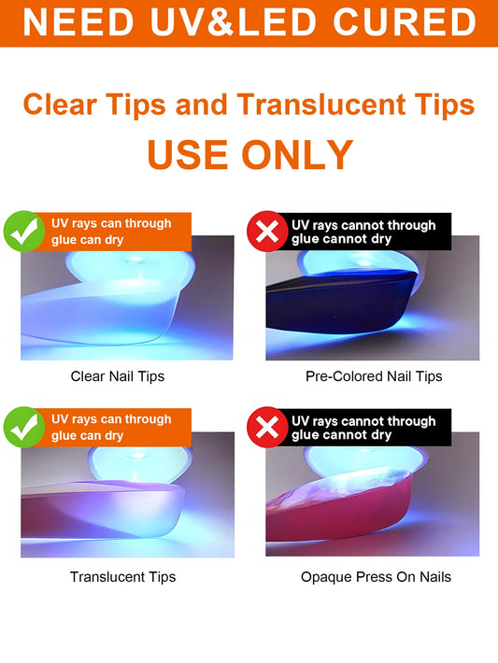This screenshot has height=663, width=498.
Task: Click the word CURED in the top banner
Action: (405, 22)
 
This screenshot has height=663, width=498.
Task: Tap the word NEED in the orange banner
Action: (78, 22)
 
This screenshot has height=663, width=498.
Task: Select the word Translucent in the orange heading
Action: (321, 105)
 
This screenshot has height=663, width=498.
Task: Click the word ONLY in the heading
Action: (297, 155)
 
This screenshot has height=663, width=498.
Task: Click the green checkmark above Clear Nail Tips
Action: (24, 232)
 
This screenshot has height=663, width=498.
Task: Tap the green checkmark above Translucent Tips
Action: (24, 427)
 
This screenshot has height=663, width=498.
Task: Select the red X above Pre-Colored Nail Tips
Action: (267, 232)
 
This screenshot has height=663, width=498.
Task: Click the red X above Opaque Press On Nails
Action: (267, 427)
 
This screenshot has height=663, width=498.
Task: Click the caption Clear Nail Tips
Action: (118, 376)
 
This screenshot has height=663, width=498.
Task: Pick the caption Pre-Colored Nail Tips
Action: (374, 376)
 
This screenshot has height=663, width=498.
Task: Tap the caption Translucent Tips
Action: (122, 577)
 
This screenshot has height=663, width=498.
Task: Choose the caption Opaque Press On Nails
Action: (376, 577)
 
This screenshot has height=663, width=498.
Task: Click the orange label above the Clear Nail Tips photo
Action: (112, 232)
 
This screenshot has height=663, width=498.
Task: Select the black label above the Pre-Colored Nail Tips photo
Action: (363, 232)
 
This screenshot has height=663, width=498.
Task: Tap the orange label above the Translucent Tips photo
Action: (112, 427)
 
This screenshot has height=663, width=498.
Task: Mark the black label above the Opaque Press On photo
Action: (363, 427)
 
